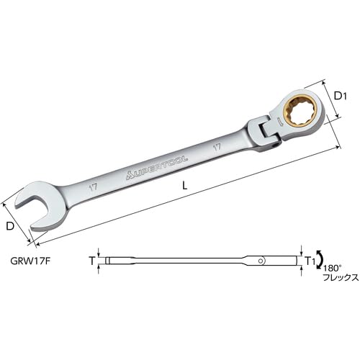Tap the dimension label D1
[343, 93]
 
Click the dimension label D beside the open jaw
[10, 227]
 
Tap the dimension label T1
[310, 260]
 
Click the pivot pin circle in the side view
[284, 260]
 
